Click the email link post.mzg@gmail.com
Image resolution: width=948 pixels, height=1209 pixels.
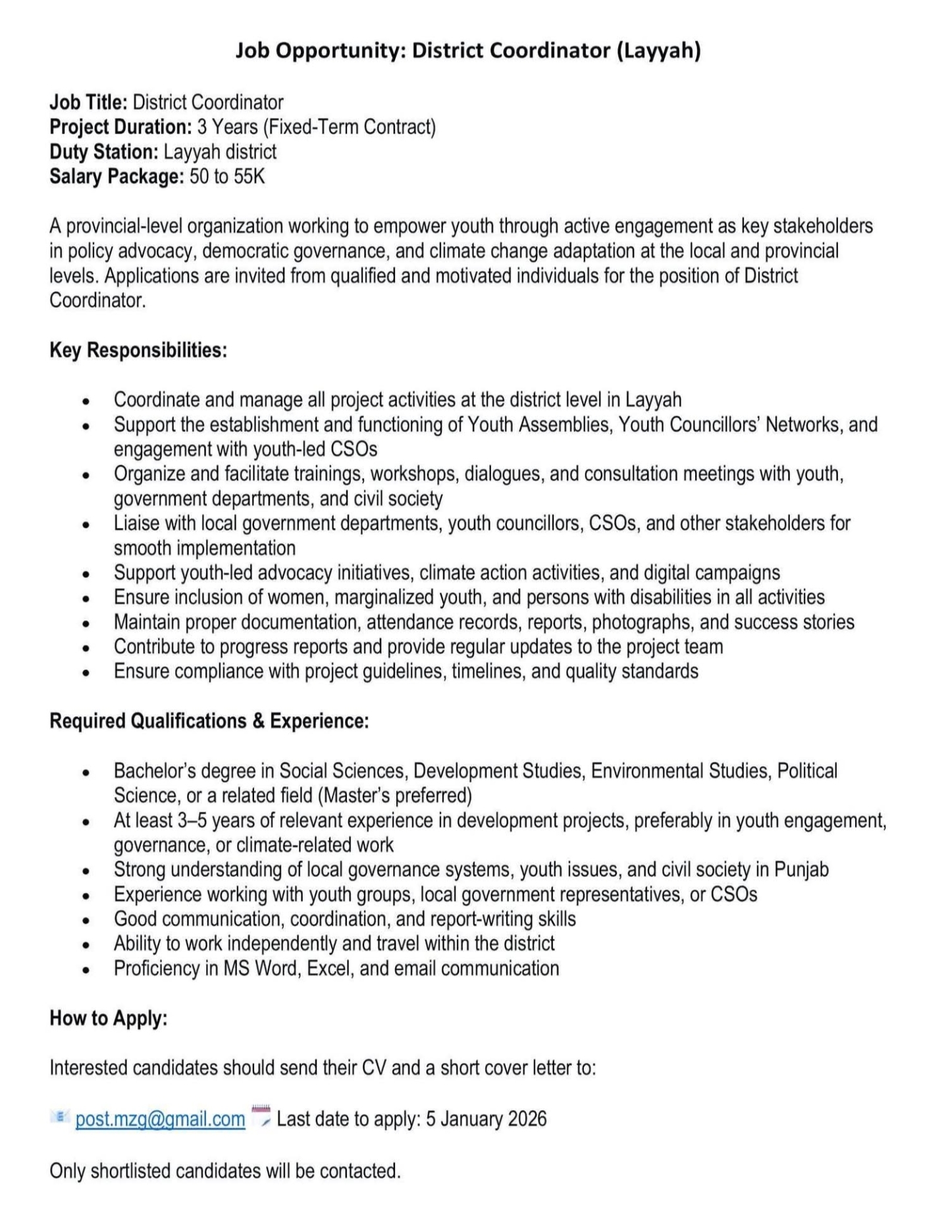coord(160,1119)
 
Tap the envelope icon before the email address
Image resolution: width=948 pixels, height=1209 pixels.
coord(59,1115)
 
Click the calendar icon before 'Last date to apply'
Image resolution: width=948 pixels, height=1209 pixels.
coord(261,1115)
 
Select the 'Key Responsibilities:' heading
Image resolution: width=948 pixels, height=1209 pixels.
coord(138,350)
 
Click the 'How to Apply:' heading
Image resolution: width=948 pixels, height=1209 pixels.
coord(109,1018)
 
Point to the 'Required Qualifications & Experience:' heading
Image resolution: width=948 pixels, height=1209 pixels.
coord(209,721)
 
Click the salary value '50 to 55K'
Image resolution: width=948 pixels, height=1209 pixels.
coord(227,176)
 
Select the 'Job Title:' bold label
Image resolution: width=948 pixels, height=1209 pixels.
coord(88,102)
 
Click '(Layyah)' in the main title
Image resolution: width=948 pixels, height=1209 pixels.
coord(658,50)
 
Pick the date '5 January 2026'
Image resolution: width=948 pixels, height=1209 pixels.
coord(486,1119)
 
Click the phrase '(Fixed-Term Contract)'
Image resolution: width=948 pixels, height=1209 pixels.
coord(349,126)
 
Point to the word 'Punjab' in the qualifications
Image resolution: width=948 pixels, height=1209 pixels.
coord(801,869)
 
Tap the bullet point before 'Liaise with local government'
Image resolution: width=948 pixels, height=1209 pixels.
coord(86,525)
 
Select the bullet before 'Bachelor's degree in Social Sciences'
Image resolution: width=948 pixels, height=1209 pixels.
coord(86,772)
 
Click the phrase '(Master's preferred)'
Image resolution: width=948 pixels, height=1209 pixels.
coord(395,795)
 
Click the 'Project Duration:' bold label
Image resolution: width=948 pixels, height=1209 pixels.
coord(120,126)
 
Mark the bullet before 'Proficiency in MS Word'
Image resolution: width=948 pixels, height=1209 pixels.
coord(86,970)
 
